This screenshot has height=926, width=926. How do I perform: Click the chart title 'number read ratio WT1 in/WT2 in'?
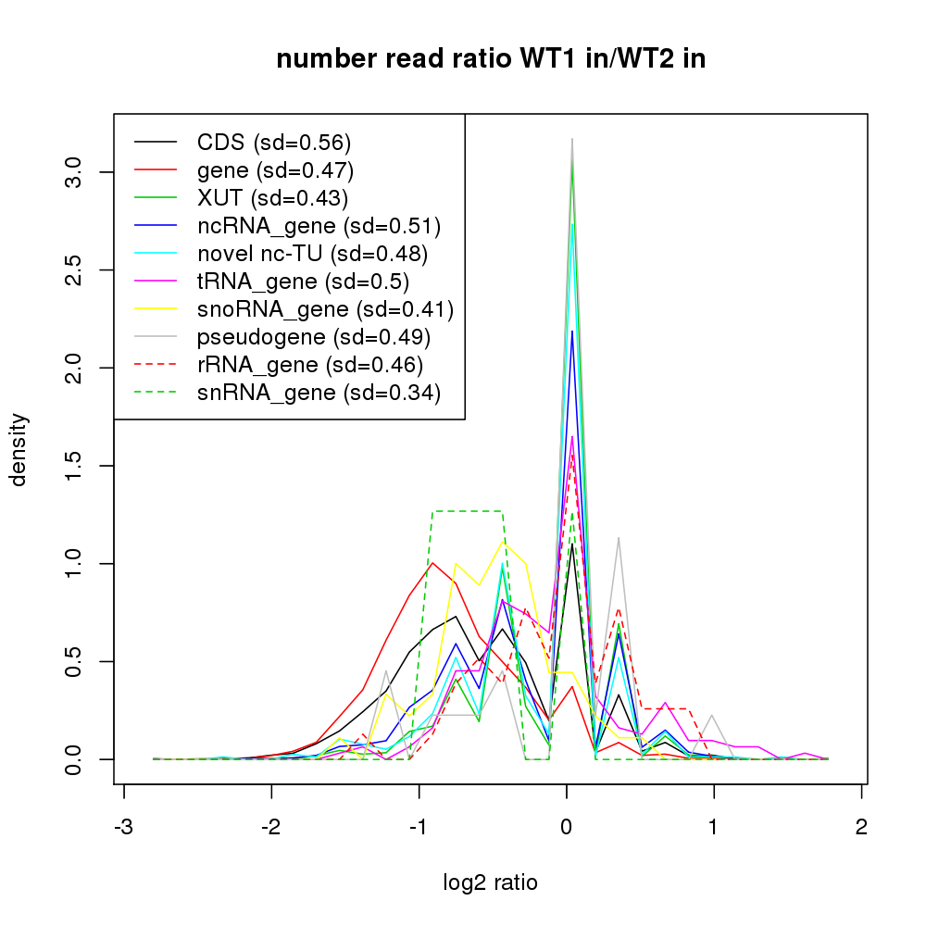pos(491,60)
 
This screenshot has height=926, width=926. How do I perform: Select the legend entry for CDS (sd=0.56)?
pos(274,143)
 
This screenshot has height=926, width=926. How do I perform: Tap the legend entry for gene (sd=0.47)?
pos(275,170)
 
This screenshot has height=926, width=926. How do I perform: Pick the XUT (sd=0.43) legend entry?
pos(272,198)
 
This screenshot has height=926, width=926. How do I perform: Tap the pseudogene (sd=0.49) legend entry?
pos(314,337)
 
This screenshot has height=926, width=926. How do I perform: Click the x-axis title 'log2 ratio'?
pos(491,882)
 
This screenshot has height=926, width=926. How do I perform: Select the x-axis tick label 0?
pos(567,827)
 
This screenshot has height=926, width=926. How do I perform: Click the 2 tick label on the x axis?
pos(862,827)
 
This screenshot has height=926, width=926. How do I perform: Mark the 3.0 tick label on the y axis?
pos(74,172)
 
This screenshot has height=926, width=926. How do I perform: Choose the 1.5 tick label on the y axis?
pos(74,466)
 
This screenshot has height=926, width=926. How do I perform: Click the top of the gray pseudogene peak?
pos(572,139)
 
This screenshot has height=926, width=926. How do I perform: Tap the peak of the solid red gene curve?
pos(432,562)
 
